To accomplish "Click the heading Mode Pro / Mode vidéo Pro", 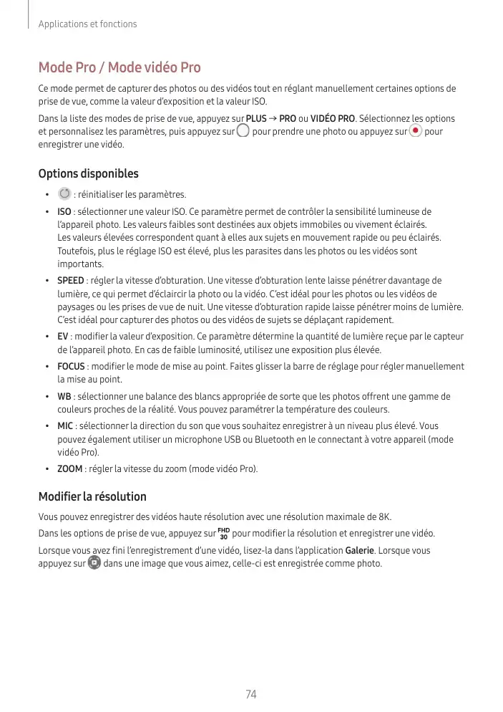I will click(119, 68).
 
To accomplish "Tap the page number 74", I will click(251, 694).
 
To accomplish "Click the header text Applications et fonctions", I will click(87, 24).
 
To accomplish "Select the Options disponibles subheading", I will click(88, 174).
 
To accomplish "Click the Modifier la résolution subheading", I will click(92, 496).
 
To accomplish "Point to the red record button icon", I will click(416, 132).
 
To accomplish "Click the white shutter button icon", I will click(243, 132).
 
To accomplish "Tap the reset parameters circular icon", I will click(64, 194).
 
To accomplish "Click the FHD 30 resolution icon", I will click(223, 534).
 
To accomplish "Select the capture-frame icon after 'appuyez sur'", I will click(94, 563).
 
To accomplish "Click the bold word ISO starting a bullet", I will click(64, 212).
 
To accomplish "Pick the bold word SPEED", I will click(70, 280).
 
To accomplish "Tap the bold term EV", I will click(63, 336).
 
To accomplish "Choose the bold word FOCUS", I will click(71, 366).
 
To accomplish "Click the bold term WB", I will click(64, 396).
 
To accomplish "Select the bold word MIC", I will click(65, 426).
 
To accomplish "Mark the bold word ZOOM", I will click(69, 469).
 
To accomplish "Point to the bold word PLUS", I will click(256, 118).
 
